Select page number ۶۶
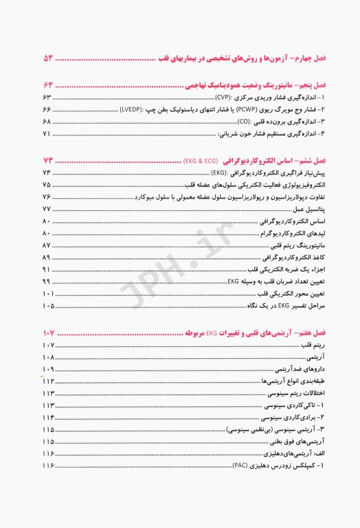pos(47,110)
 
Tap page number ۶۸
pos(47,121)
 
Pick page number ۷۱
pos(47,133)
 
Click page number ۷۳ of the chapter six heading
pos(52,160)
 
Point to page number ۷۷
pos(47,208)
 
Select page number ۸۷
pos(47,245)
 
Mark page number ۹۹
pos(47,282)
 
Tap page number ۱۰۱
pos(48,294)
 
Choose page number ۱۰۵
pos(48,306)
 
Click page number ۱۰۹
pos(48,370)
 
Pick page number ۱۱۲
pos(48,382)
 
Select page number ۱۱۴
pos(48,417)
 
